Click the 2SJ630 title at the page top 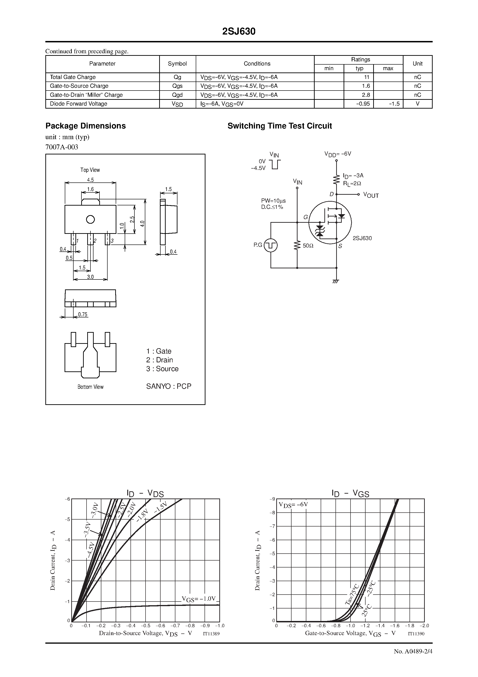pos(239,31)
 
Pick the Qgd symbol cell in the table pos(177,95)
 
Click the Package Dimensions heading pos(85,126)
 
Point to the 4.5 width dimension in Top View pos(90,180)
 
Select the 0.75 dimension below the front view pos(83,315)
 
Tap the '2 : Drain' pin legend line pos(159,360)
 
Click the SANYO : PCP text pos(169,386)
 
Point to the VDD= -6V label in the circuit pos(338,154)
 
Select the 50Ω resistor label pos(308,246)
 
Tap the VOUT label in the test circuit pos(371,195)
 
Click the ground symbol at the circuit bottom pos(336,281)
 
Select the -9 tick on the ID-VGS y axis pos(273,499)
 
